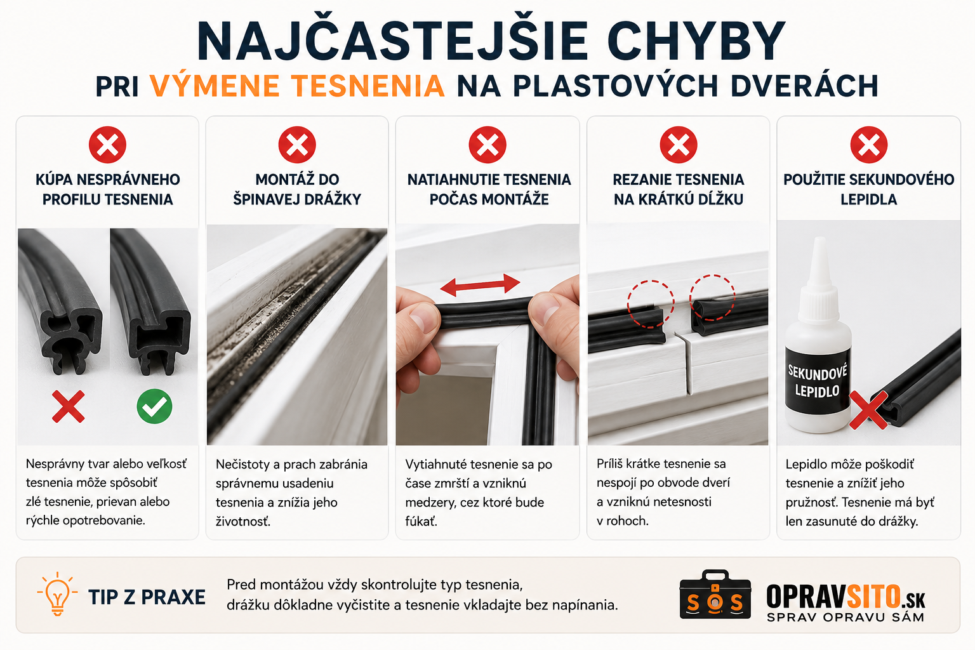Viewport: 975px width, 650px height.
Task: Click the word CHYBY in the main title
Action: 696,41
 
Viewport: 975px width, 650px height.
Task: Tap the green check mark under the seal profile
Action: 154,406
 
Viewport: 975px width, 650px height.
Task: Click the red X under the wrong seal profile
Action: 69,407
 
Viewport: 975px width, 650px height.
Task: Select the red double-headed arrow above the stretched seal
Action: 480,285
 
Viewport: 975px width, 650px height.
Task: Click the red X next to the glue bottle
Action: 868,409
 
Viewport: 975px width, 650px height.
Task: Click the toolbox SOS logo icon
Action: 715,595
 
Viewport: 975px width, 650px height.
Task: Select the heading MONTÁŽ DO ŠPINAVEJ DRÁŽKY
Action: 297,189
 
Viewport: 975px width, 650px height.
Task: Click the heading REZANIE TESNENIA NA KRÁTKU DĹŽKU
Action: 679,189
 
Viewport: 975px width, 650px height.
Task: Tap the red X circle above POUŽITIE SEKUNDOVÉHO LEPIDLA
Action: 869,145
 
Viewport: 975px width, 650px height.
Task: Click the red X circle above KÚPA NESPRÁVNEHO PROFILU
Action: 107,145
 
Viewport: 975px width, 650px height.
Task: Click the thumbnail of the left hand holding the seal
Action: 416,331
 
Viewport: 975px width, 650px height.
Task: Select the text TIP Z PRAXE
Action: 147,597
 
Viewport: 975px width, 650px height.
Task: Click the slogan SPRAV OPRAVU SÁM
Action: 846,617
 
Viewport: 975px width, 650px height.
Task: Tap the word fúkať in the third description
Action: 421,521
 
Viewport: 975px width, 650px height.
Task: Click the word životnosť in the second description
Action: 243,521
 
